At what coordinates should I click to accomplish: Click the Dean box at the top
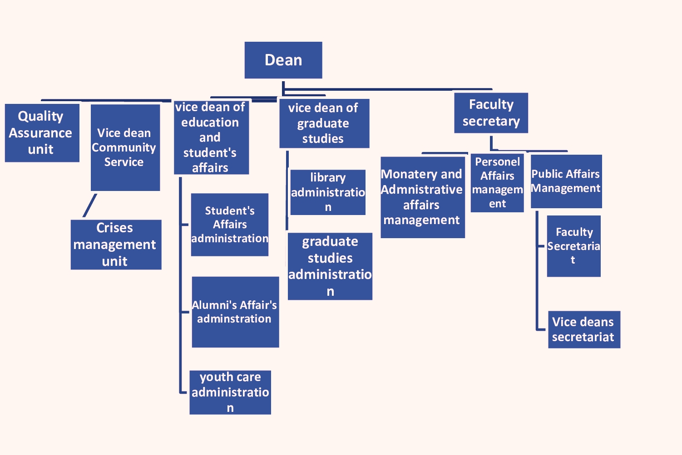point(283,60)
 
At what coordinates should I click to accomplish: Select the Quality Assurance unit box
point(42,133)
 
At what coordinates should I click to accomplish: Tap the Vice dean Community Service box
point(125,148)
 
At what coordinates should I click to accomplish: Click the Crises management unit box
point(116,245)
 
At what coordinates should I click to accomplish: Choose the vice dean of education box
point(211,137)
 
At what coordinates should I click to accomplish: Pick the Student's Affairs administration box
point(229,225)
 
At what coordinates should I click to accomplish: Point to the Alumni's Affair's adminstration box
point(235,312)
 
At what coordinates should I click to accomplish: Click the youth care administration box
point(230,392)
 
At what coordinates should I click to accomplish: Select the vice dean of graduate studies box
point(324,123)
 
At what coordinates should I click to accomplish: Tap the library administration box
point(328,192)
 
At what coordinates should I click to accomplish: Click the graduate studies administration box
point(330,266)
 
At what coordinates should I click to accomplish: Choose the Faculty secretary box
point(491,113)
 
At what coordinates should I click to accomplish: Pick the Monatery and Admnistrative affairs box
point(422,197)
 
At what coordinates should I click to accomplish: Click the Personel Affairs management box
point(497,183)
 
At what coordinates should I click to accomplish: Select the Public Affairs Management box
point(566,181)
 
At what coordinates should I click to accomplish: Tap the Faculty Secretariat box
point(573,246)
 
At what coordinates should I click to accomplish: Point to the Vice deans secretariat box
point(584,330)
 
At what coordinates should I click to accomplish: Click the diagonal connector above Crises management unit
point(90,205)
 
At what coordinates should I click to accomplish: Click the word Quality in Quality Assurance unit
point(40,116)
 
